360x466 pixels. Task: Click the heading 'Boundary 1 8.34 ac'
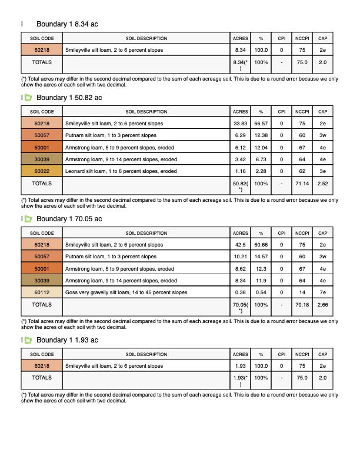coord(67,24)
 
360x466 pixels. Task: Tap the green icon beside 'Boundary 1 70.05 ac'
coord(28,219)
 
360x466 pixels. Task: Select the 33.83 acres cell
coord(240,124)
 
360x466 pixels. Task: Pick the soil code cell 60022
coord(42,171)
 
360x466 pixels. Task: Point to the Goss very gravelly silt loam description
coord(126,292)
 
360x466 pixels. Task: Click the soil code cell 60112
coord(42,292)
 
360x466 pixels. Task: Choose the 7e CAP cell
coord(322,292)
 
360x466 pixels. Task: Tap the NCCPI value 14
coord(302,292)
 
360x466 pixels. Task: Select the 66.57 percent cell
coord(261,124)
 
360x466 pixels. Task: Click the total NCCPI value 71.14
coord(302,184)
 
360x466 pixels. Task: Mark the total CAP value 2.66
coord(322,305)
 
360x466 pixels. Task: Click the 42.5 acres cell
coord(240,245)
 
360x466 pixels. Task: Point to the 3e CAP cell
coord(322,171)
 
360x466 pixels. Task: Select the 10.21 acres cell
coord(240,257)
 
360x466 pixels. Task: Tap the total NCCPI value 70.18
coord(302,305)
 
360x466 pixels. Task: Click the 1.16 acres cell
coord(240,171)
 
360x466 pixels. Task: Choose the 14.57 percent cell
coord(261,257)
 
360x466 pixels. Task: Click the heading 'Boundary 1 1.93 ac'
coord(67,341)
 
